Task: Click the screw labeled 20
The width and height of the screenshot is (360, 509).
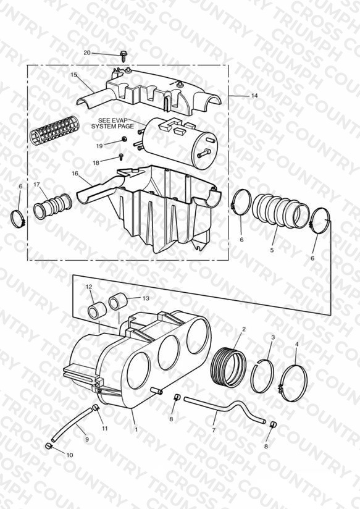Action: (123, 56)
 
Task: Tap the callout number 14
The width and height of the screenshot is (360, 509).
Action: (254, 95)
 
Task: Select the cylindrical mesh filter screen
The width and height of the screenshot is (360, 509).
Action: (54, 130)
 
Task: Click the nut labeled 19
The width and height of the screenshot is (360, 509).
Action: (124, 140)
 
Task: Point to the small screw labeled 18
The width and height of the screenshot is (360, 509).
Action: (121, 158)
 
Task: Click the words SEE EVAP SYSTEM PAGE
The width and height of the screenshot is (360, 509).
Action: (112, 124)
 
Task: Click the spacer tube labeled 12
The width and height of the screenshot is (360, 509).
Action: (97, 310)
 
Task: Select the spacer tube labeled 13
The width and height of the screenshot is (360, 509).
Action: (118, 301)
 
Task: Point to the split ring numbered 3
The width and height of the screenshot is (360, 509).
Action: (262, 376)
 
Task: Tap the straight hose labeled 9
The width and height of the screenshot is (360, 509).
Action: (72, 424)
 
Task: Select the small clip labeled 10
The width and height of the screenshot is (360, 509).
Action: (48, 447)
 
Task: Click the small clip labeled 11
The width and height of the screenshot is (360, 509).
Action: (95, 408)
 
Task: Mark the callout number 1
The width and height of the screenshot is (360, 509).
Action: (136, 429)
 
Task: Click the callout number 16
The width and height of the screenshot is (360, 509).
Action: (75, 174)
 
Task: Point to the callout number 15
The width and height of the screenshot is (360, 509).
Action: (73, 75)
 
